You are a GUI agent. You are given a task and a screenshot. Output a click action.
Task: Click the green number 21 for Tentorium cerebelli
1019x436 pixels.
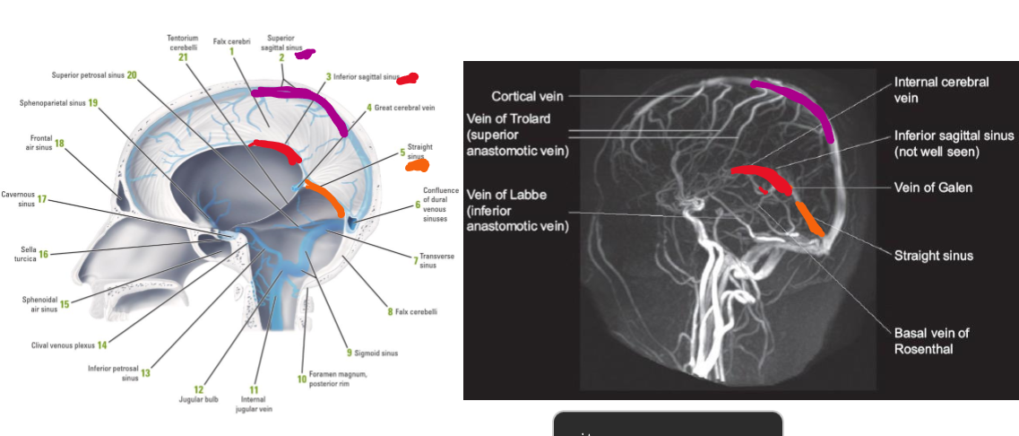pos(183,57)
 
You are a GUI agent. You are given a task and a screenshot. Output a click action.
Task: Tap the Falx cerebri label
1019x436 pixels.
pos(231,41)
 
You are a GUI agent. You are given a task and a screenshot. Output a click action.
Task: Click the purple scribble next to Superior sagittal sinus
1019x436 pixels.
pos(305,54)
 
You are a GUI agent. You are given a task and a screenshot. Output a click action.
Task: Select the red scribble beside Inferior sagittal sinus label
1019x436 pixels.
pos(408,79)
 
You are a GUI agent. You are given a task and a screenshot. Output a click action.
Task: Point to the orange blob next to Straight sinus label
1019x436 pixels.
pos(417,165)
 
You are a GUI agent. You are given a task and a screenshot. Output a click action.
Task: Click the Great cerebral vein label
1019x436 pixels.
pos(404,108)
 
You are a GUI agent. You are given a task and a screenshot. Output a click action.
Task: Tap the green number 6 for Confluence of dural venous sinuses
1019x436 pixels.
pos(418,205)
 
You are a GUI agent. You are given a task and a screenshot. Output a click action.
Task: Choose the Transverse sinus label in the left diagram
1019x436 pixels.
pos(436,260)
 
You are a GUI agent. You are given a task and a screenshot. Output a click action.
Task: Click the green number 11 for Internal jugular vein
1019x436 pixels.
pos(254,390)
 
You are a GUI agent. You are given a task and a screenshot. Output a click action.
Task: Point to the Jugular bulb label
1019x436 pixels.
pos(205,399)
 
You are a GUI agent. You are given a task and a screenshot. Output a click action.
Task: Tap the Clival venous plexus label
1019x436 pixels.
pos(64,344)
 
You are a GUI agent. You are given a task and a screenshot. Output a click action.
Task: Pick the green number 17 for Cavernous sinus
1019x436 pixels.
pos(41,199)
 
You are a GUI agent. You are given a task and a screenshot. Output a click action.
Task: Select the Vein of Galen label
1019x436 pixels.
pos(933,187)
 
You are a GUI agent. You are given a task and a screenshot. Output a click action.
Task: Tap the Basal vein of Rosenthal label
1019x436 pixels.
pos(932,340)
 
